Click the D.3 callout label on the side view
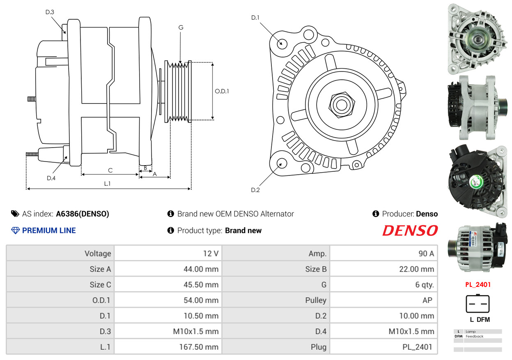(50, 12)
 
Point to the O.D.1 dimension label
(222, 91)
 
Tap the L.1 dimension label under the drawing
(107, 184)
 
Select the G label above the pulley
(181, 28)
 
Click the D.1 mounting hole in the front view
(282, 43)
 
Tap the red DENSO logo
(410, 231)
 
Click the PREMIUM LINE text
(49, 231)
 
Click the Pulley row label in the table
(316, 300)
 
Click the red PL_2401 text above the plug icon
(478, 284)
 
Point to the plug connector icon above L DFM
(478, 304)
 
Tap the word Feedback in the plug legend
(475, 336)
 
